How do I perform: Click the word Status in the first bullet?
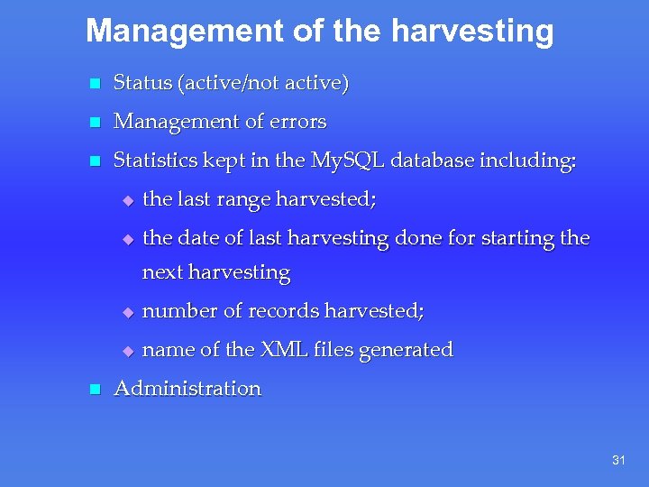(142, 83)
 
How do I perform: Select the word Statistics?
(157, 161)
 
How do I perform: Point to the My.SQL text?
(347, 161)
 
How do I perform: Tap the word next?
(161, 272)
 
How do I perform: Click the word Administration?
(187, 389)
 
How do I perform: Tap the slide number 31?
(618, 461)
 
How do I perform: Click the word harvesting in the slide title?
(472, 32)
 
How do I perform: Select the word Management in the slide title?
(184, 32)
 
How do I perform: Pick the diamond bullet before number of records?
(127, 312)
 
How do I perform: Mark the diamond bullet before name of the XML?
(127, 351)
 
